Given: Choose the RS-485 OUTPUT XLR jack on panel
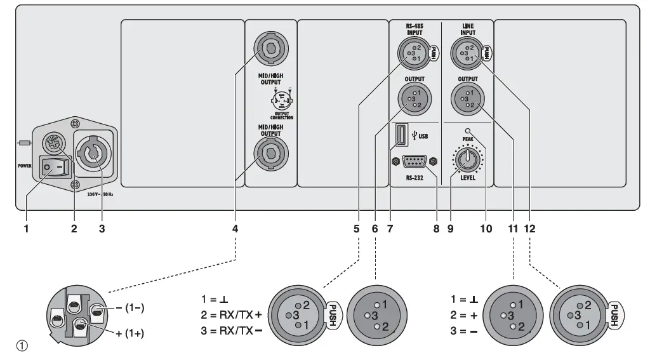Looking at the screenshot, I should (x=412, y=98).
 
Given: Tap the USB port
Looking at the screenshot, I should (x=401, y=135).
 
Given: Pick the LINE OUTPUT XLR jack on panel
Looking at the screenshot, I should (x=467, y=98).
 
